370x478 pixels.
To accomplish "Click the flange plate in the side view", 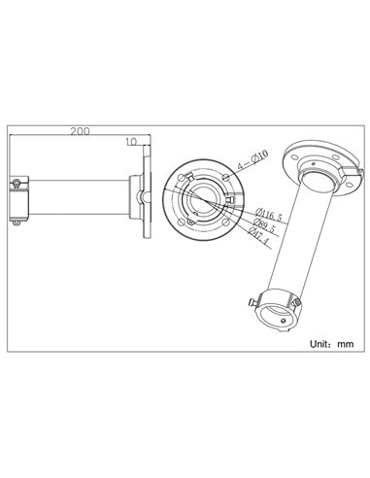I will click(x=148, y=198).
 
